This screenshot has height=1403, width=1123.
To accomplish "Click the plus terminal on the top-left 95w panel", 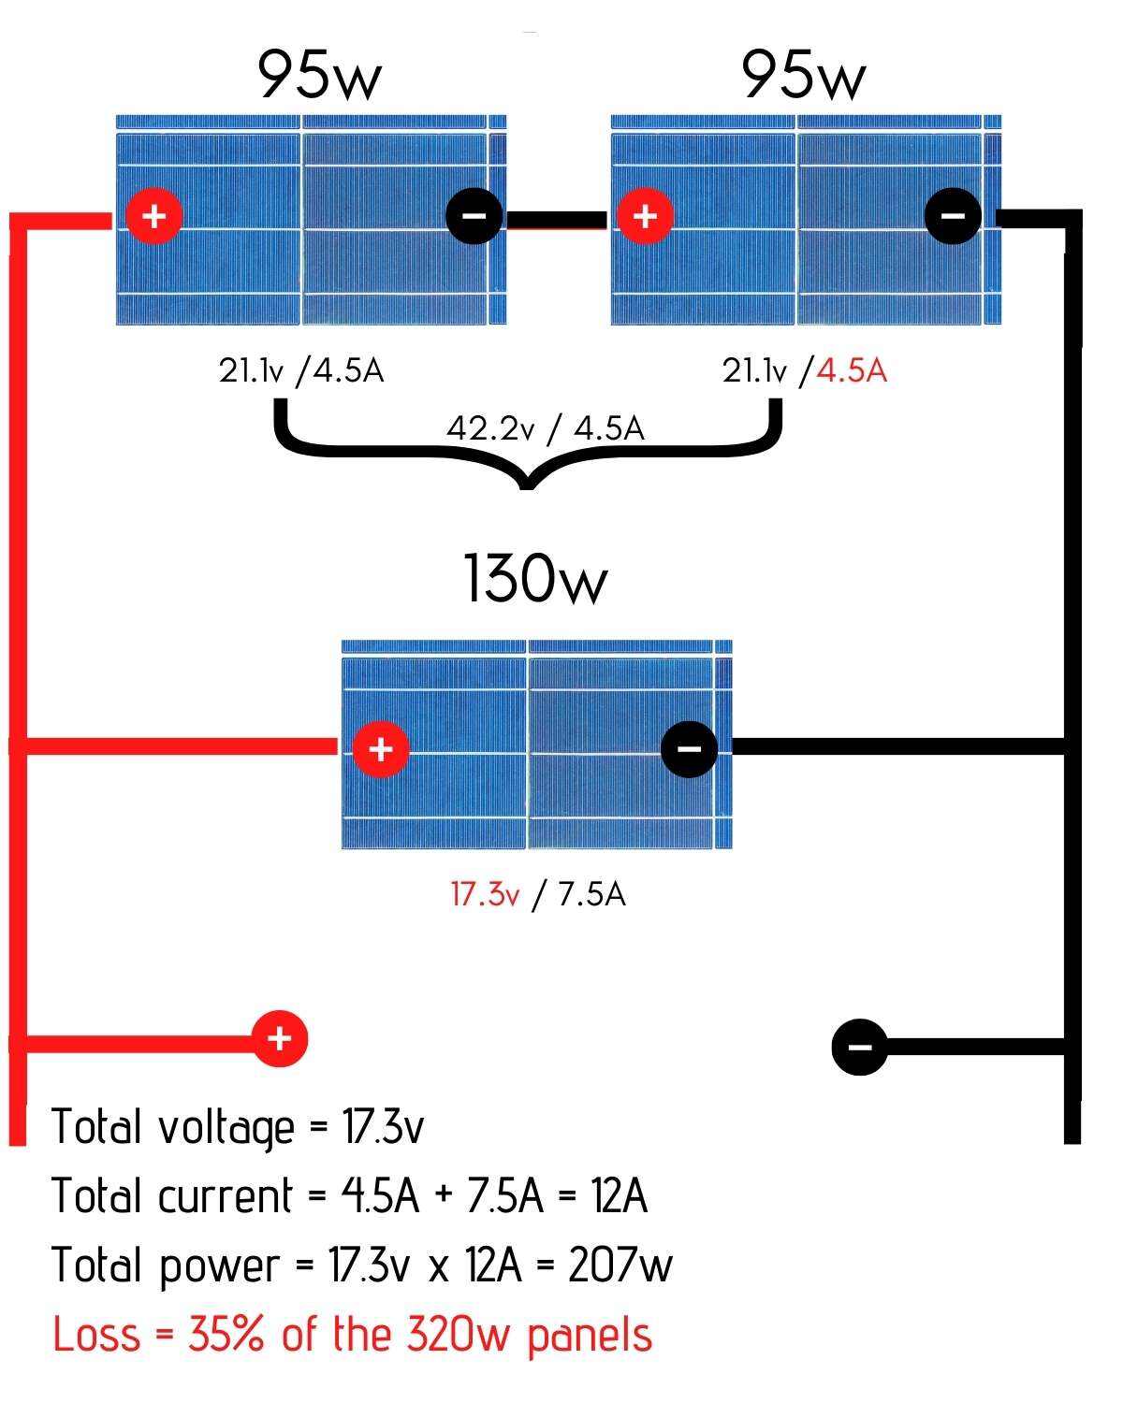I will tap(154, 216).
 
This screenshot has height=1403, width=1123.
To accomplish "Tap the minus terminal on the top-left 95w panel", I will tap(474, 216).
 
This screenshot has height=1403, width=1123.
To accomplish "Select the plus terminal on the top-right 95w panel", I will tap(644, 216).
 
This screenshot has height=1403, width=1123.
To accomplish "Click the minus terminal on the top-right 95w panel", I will tap(953, 216).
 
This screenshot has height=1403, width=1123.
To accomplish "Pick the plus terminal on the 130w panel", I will tap(380, 748).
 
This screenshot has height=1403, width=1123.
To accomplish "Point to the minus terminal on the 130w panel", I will tap(689, 748).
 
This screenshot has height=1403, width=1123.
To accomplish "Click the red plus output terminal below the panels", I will tap(279, 1038).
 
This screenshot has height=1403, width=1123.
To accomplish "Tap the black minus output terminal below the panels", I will tap(860, 1047).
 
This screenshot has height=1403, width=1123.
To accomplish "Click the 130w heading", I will tap(535, 578).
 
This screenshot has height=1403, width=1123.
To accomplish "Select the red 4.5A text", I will tap(851, 371).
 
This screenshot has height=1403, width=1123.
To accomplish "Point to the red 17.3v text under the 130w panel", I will tap(484, 895).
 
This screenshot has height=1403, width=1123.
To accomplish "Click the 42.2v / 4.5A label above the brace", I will tap(545, 428).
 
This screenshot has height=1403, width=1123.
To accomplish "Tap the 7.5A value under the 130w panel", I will tap(591, 895).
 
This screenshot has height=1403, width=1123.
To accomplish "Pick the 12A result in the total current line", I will tap(619, 1195).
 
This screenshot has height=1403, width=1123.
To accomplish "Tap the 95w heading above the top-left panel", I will tap(319, 75).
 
